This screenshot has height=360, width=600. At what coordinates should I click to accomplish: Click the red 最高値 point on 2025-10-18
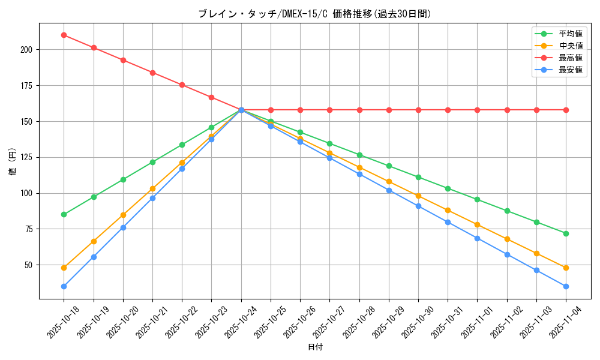click(x=64, y=35)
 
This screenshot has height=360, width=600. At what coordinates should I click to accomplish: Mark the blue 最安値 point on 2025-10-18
click(x=64, y=286)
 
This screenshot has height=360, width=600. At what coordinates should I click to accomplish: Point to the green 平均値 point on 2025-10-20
click(x=123, y=179)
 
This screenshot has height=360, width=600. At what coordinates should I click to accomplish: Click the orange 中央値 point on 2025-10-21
click(x=152, y=188)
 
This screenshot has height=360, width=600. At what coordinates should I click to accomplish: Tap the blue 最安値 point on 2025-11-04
click(x=566, y=286)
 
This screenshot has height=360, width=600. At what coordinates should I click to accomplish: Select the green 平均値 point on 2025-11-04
click(x=566, y=233)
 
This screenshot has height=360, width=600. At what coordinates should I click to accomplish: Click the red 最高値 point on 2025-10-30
click(x=418, y=110)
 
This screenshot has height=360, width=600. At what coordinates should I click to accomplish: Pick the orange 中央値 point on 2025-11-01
click(x=477, y=224)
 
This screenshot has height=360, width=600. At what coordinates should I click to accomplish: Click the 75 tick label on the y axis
click(x=29, y=229)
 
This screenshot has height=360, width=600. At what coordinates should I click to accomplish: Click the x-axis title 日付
click(x=315, y=347)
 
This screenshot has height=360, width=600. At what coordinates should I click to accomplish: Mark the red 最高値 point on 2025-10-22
click(x=182, y=85)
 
